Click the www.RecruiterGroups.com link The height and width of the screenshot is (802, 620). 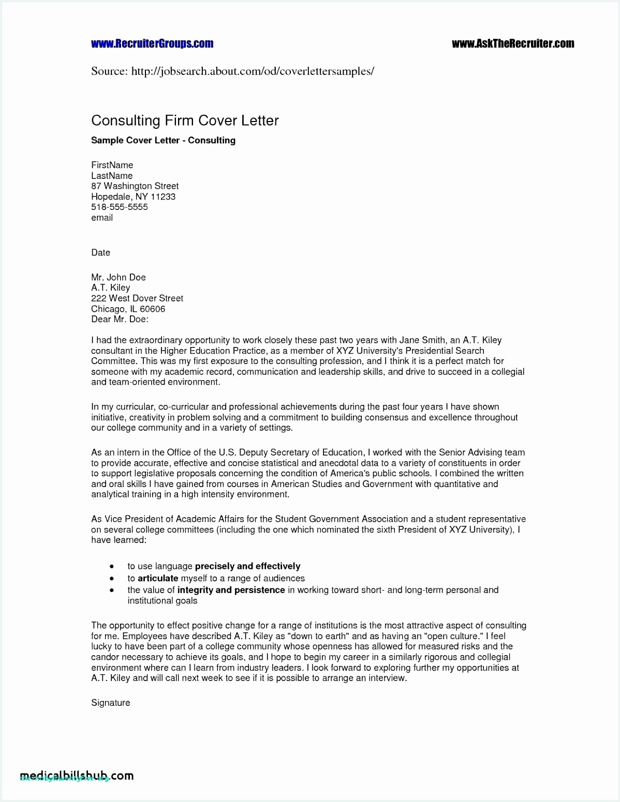click(x=152, y=44)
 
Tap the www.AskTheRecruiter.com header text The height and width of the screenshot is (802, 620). click(x=512, y=44)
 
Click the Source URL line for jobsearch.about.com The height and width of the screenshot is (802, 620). click(x=232, y=71)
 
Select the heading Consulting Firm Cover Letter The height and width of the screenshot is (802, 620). click(x=185, y=120)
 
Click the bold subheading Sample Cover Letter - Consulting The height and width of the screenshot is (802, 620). click(x=163, y=140)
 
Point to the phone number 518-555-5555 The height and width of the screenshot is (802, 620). click(x=119, y=207)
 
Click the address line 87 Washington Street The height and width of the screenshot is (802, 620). click(x=135, y=186)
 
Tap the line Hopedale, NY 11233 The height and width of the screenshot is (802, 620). click(x=133, y=196)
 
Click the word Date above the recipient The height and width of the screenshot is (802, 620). click(x=100, y=252)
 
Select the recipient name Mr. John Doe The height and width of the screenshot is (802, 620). click(x=118, y=277)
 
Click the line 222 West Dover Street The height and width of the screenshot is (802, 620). click(x=137, y=298)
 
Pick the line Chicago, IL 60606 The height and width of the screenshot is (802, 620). click(x=128, y=309)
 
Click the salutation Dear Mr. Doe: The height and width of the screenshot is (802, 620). click(x=120, y=319)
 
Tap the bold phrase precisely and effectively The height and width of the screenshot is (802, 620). click(x=247, y=566)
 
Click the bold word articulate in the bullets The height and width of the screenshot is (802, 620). click(x=158, y=578)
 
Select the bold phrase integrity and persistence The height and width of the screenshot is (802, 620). click(x=231, y=590)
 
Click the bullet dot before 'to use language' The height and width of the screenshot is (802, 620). click(x=111, y=567)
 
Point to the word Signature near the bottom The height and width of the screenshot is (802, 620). click(x=110, y=703)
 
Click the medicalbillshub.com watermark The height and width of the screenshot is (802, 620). click(x=77, y=776)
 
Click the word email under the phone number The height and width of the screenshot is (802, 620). click(x=101, y=218)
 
